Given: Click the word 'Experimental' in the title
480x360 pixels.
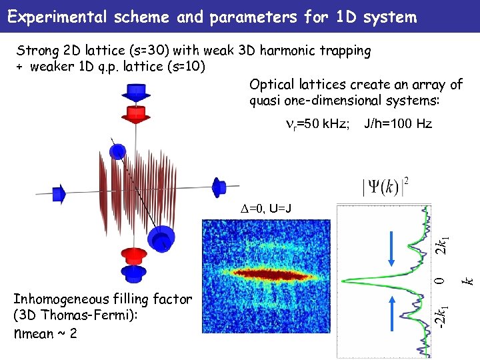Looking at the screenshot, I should pyautogui.click(x=55, y=17).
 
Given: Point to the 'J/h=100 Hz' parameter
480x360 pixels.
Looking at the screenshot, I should pyautogui.click(x=397, y=124).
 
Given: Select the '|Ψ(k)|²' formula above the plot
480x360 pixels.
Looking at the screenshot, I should pyautogui.click(x=385, y=185).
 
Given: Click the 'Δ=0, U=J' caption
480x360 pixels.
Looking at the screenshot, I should pyautogui.click(x=266, y=209).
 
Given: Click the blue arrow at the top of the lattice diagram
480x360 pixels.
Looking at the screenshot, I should pyautogui.click(x=135, y=93).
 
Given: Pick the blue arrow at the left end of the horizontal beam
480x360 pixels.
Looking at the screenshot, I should pyautogui.click(x=59, y=193).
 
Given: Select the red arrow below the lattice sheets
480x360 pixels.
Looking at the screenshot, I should pyautogui.click(x=133, y=255).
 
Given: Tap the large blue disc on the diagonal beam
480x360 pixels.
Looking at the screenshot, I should pyautogui.click(x=161, y=237).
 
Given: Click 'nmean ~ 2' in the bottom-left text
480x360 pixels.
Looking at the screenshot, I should pyautogui.click(x=45, y=332).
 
